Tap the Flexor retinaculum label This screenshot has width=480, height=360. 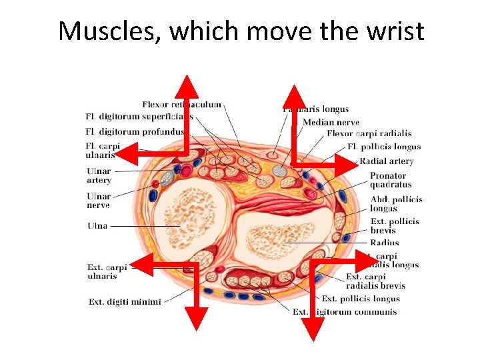coord(181,105)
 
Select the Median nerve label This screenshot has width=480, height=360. coord(331,122)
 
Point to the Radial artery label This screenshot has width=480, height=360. coord(387,161)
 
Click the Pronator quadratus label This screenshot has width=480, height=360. coord(391,180)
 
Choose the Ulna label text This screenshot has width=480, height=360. coord(97,226)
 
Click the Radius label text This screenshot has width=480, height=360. coord(385,243)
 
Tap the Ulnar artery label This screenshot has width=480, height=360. coord(99,175)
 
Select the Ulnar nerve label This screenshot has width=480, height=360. coord(99,201)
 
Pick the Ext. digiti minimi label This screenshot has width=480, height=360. coord(125,302)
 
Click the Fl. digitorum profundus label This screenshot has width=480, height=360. coord(135,131)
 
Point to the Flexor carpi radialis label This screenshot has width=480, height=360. coord(369,133)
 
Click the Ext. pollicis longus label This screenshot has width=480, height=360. coord(361,299)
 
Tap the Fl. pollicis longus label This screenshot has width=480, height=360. coord(384,147)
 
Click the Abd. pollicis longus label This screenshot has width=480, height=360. coord(396,204)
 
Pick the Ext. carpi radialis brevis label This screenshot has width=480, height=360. coord(375,281)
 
